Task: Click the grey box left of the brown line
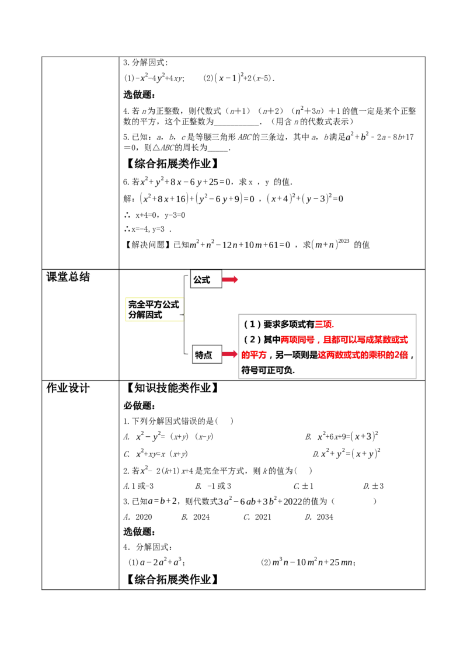205,279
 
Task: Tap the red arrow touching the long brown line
230,280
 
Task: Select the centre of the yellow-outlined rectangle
154,308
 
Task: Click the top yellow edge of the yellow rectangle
154,297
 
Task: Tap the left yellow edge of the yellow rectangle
124,308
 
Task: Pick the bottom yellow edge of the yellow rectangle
154,320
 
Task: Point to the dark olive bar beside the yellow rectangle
184,308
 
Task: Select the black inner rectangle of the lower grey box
208,355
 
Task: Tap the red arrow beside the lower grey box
230,354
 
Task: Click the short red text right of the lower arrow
253,355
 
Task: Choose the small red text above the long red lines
324,325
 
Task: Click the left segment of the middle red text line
298,339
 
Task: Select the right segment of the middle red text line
365,339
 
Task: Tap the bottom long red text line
363,355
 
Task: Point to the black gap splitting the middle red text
319,339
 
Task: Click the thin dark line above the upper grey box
205,268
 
